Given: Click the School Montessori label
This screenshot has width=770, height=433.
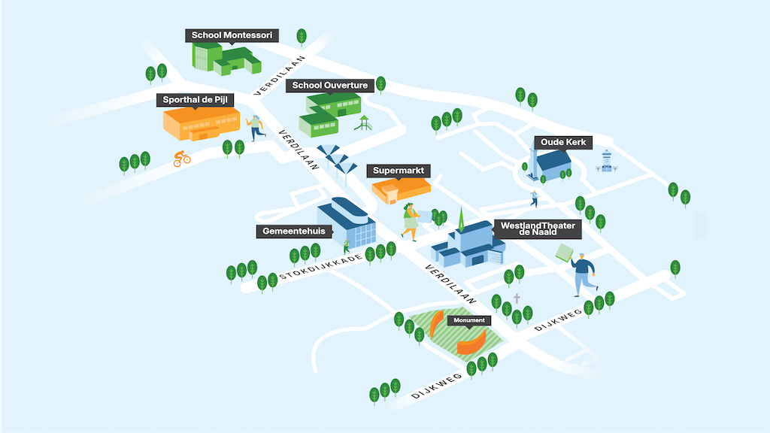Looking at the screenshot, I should (232, 35).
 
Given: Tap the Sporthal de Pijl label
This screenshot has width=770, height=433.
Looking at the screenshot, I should (195, 100).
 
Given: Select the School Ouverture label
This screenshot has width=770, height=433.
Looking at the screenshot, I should (330, 86).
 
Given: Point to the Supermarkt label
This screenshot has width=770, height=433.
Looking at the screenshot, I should (399, 171).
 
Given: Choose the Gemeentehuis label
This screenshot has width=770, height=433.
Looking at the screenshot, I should (294, 232).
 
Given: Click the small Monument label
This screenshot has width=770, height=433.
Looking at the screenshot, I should (468, 320).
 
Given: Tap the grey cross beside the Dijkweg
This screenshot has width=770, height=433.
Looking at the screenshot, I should (517, 298).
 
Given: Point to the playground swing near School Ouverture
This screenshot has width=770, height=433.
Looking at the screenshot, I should (364, 123).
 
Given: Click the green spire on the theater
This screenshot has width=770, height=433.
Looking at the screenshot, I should (461, 219).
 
